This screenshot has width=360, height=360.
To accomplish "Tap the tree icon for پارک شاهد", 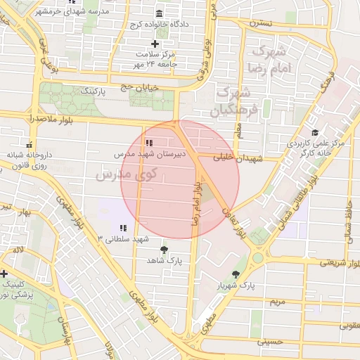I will point(165,249).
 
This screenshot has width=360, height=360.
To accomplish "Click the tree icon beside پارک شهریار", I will point(236,274).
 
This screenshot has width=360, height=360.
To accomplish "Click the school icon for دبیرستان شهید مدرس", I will point(147,143).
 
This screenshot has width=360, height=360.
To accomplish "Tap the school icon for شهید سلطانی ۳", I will point(123,228).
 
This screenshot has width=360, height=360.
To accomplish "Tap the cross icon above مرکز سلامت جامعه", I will point(155,44).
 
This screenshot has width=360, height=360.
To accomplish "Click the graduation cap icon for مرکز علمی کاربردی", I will point(314,132).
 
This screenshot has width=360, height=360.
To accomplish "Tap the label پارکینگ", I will point(94,91).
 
